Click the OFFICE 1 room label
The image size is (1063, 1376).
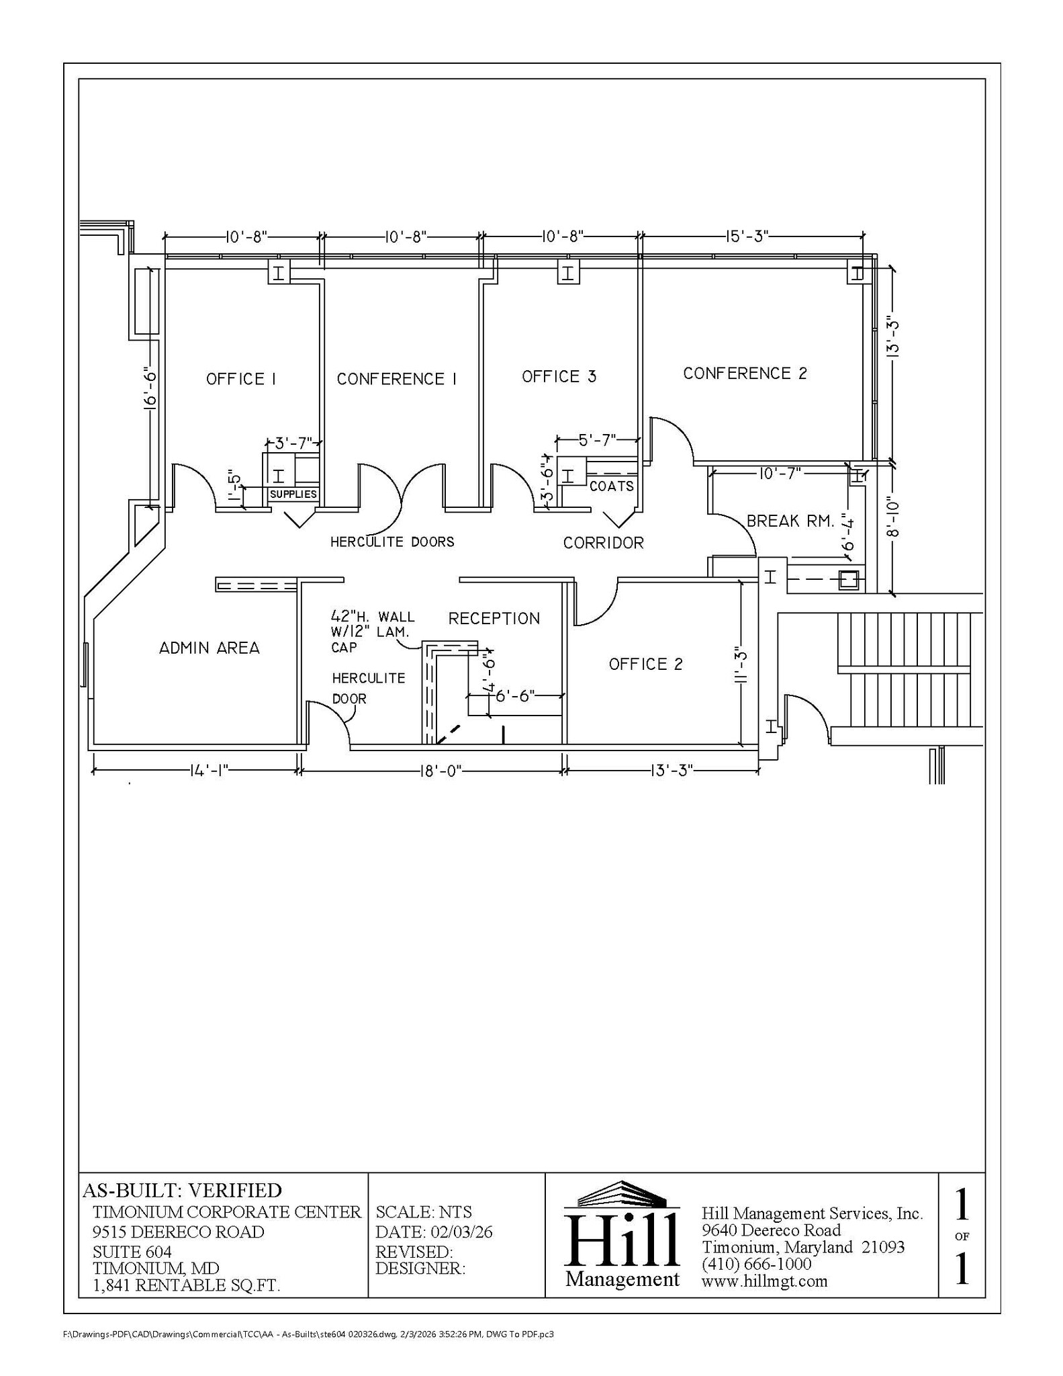tap(240, 379)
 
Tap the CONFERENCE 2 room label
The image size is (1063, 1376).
tap(745, 374)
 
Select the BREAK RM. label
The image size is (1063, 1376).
tap(790, 521)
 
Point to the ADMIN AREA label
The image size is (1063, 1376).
tap(209, 648)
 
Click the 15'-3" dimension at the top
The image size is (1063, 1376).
tap(746, 236)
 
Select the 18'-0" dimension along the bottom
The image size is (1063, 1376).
tap(440, 771)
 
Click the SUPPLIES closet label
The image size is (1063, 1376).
tap(293, 494)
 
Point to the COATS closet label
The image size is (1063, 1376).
tap(611, 486)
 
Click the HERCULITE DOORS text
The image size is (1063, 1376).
tap(392, 542)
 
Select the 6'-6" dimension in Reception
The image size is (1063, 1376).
tap(515, 695)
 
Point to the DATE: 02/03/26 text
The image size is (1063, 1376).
tap(434, 1232)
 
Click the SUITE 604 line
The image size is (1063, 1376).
tap(132, 1252)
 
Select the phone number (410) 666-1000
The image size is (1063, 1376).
tap(756, 1264)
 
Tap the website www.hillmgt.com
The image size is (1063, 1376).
tap(764, 1281)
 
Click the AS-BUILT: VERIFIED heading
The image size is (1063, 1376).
tap(182, 1191)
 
